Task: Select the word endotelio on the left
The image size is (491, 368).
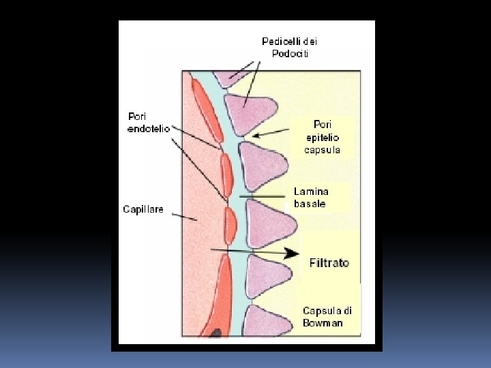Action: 149,129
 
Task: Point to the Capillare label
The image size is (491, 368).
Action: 143,209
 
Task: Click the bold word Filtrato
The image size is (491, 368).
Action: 329,262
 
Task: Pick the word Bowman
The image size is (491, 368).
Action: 323,323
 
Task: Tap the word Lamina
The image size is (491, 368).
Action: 311,191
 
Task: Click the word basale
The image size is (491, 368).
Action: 310,203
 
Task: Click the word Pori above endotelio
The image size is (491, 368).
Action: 137,117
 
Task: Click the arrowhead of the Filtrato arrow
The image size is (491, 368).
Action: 293,254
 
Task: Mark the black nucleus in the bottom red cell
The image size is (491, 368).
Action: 215,333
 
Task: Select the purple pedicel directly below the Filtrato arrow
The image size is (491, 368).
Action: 267,275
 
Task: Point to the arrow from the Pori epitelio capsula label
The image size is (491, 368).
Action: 273,132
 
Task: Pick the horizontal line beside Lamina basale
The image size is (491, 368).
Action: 262,196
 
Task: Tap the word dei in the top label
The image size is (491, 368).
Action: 309,41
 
